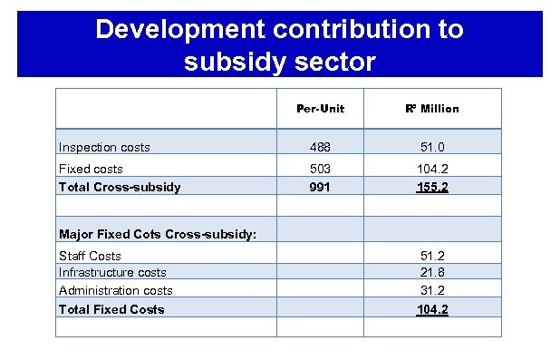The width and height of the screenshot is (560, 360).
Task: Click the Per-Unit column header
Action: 321,109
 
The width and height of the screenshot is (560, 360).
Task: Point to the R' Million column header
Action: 432,109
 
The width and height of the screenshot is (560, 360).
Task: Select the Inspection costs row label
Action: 104,147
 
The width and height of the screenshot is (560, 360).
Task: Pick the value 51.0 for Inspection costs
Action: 432,147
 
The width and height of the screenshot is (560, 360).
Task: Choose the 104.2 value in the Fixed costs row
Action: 432,169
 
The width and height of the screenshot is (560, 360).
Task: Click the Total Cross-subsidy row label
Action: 119,187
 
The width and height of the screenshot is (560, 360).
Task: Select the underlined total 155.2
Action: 432,187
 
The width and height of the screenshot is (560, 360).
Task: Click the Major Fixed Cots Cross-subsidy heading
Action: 157,234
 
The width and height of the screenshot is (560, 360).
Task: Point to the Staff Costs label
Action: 90,256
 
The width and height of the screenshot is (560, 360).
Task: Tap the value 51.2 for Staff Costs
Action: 432,256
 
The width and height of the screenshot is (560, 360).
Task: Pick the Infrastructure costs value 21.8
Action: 432,272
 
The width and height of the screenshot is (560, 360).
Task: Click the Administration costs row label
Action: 115,290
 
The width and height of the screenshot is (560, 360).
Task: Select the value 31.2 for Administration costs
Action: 432,290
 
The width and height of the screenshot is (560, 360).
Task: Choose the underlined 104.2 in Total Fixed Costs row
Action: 432,309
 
